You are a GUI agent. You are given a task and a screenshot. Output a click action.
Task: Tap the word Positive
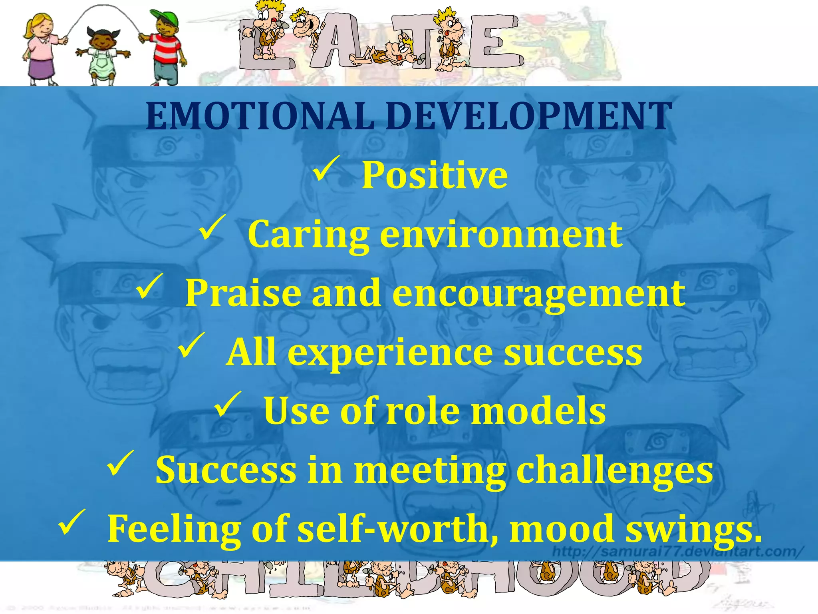pyautogui.click(x=435, y=175)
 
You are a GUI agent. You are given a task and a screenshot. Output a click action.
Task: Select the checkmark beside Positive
pyautogui.click(x=326, y=168)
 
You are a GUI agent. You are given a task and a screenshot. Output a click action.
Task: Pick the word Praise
pyautogui.click(x=243, y=293)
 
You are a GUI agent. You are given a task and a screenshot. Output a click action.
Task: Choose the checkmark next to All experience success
pyautogui.click(x=191, y=345)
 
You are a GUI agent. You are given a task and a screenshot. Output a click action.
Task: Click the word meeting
pyautogui.click(x=430, y=471)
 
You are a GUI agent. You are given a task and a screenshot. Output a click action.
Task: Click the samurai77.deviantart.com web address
pyautogui.click(x=677, y=552)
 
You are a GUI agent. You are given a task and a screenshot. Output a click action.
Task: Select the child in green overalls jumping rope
pyautogui.click(x=102, y=56)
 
